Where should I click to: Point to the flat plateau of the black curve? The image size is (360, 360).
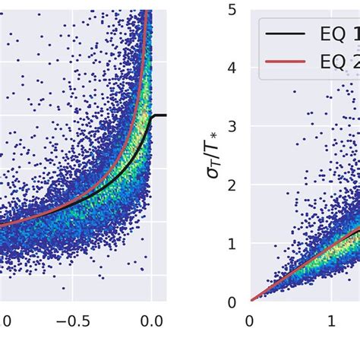[159, 115]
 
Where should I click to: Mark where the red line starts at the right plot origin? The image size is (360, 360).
[251, 301]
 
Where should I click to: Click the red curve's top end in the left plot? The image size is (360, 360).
[150, 11]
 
